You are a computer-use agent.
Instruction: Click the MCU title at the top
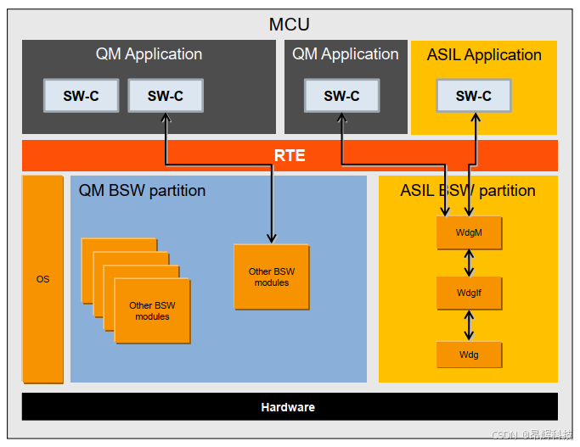(290, 24)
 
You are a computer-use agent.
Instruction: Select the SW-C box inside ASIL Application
(474, 96)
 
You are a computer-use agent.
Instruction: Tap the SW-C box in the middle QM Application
(341, 96)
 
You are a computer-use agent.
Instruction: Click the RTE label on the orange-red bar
(290, 156)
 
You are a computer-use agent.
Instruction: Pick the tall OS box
(42, 279)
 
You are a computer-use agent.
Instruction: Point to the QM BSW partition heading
(142, 190)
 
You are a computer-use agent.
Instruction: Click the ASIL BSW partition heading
(468, 190)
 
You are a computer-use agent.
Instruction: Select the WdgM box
(469, 232)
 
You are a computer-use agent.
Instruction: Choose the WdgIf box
(469, 293)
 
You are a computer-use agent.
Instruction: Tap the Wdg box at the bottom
(469, 355)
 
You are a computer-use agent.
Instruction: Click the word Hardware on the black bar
(288, 407)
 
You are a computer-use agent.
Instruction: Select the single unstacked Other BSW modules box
(271, 277)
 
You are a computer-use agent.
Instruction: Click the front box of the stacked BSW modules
(152, 310)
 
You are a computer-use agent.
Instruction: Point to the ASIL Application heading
(484, 55)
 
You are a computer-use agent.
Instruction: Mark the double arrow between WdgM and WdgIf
(469, 263)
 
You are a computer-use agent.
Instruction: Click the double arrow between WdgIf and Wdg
(469, 325)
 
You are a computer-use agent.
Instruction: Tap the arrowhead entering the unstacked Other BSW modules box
(272, 239)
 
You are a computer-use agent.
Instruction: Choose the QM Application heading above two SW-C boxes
(149, 54)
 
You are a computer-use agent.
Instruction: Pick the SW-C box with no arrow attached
(81, 96)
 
